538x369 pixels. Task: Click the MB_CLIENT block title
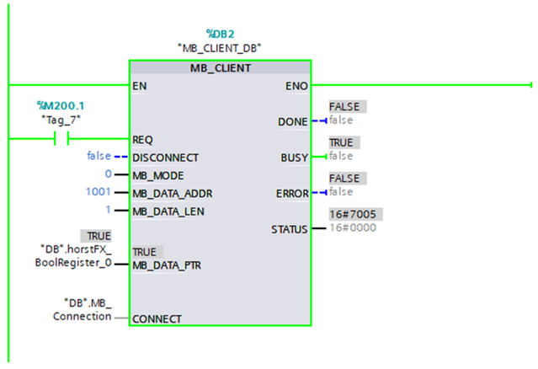[220, 67]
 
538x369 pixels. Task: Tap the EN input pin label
[140, 86]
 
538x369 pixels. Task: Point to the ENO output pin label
[297, 86]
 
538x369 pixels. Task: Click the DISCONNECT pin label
[165, 158]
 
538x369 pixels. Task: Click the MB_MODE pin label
[158, 175]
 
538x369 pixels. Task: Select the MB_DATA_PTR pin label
[167, 265]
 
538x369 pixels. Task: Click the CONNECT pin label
[157, 319]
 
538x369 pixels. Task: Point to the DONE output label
[292, 122]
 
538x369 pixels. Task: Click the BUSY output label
[294, 158]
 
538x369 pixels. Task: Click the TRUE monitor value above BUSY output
[341, 142]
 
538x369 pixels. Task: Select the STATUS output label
[289, 229]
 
